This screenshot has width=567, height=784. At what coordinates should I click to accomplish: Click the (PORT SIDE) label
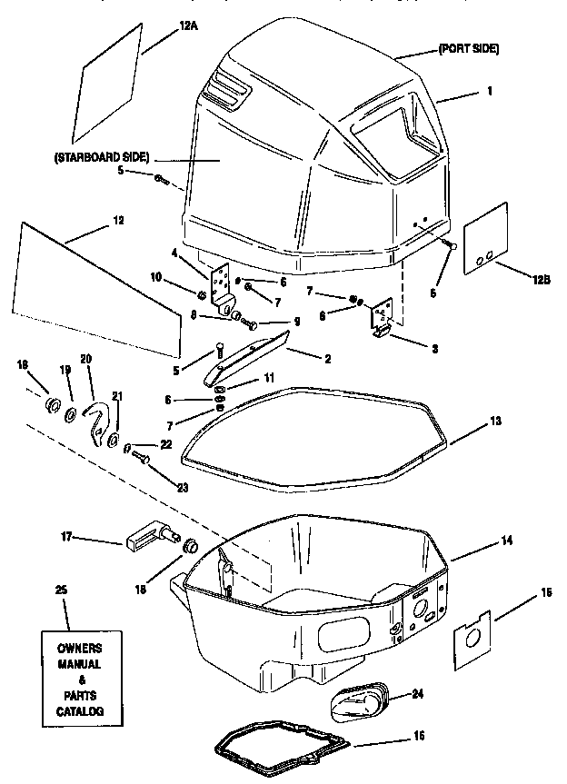468,48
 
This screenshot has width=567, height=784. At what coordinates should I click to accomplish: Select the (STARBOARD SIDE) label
101,157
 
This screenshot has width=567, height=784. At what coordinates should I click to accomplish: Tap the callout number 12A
189,26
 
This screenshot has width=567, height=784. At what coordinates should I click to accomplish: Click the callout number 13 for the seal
494,421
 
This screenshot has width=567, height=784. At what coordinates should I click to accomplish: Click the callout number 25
61,590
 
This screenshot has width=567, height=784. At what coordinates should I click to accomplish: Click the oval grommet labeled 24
356,700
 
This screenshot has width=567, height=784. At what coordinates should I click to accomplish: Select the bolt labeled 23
141,461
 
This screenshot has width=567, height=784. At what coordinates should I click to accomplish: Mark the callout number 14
506,540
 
